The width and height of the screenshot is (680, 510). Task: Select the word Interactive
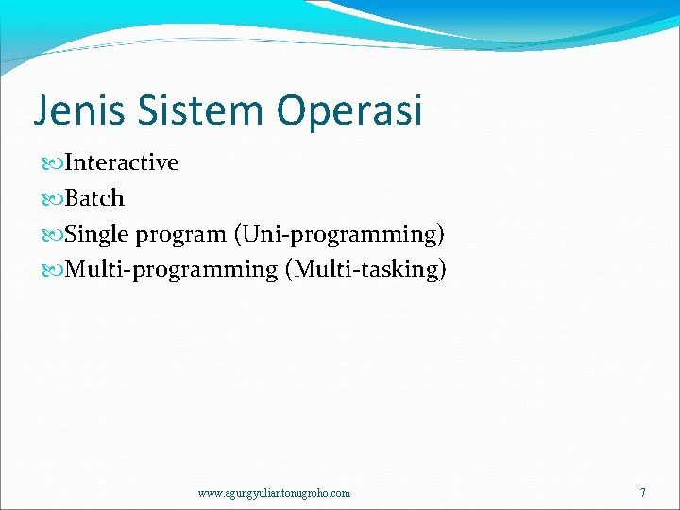point(122,162)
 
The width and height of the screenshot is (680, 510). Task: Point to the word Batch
point(94,198)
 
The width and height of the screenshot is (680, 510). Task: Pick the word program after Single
point(179,235)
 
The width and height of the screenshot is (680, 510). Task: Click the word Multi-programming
point(171,270)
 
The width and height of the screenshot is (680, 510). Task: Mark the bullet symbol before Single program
point(54,234)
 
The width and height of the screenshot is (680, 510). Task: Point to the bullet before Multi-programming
point(54,270)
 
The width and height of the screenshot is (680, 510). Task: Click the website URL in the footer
point(274,493)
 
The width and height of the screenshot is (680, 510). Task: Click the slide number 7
point(643,492)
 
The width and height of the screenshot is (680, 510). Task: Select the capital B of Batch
point(73,198)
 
